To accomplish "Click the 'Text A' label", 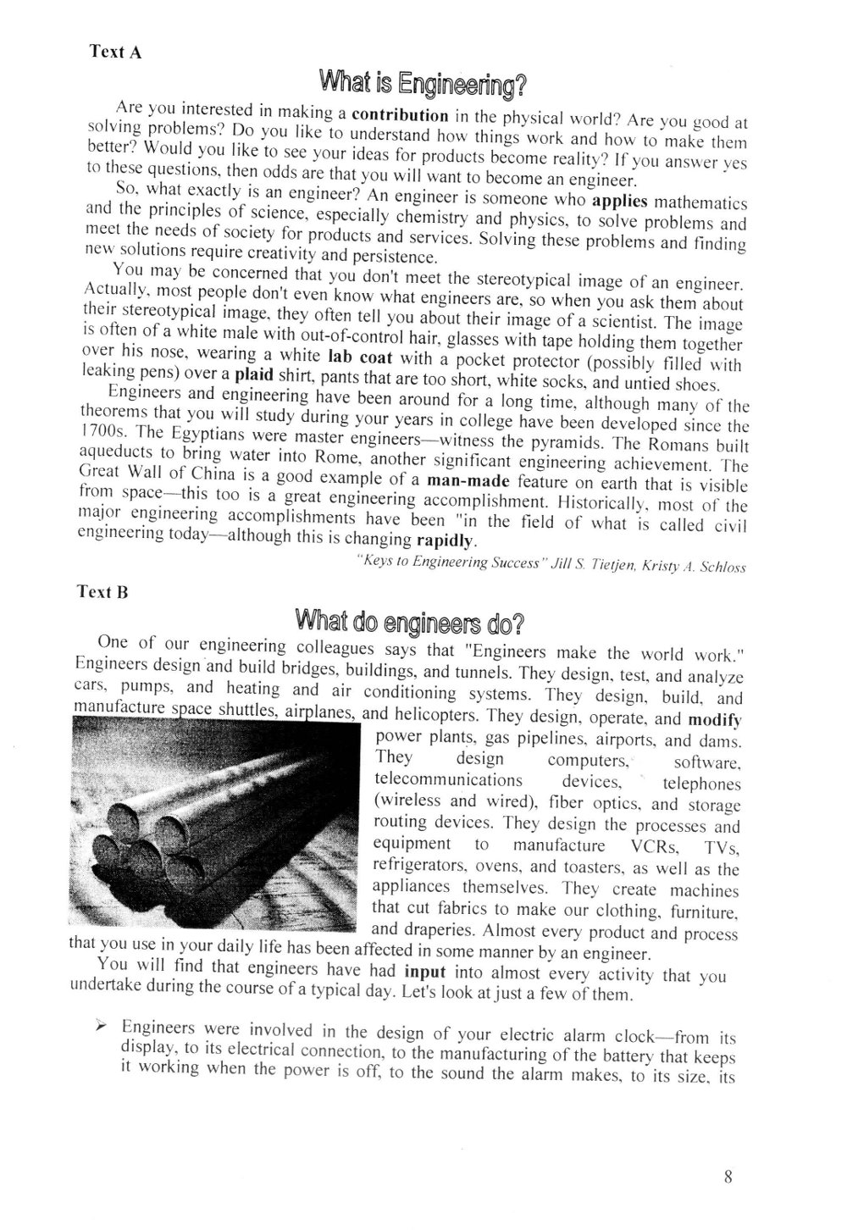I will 115,52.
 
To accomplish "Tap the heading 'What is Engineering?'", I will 423,84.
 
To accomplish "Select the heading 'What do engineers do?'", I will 410,623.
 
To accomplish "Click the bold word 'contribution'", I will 400,115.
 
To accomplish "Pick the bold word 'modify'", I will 715,719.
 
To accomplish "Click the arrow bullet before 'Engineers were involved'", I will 101,1026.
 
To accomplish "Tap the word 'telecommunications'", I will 448,779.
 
